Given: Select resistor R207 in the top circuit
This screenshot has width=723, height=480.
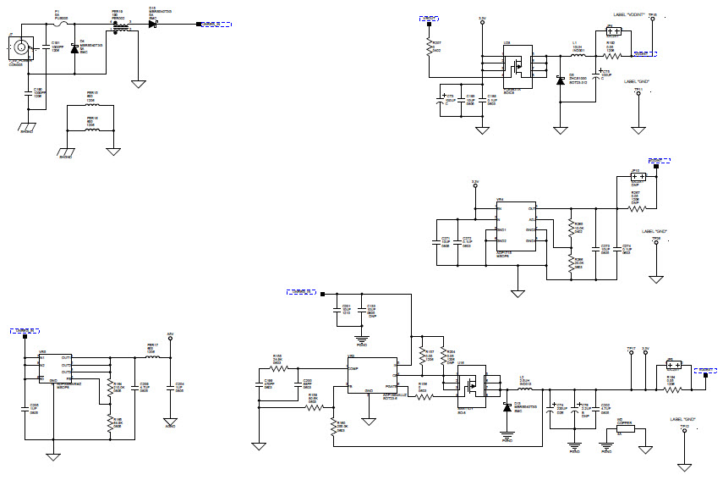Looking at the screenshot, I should click(430, 47).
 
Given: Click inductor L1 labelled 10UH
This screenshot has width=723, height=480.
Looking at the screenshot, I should click(578, 56).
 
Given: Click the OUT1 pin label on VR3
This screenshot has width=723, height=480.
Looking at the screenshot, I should click(66, 358).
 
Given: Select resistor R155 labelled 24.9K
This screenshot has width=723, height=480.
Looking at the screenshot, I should click(277, 368).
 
